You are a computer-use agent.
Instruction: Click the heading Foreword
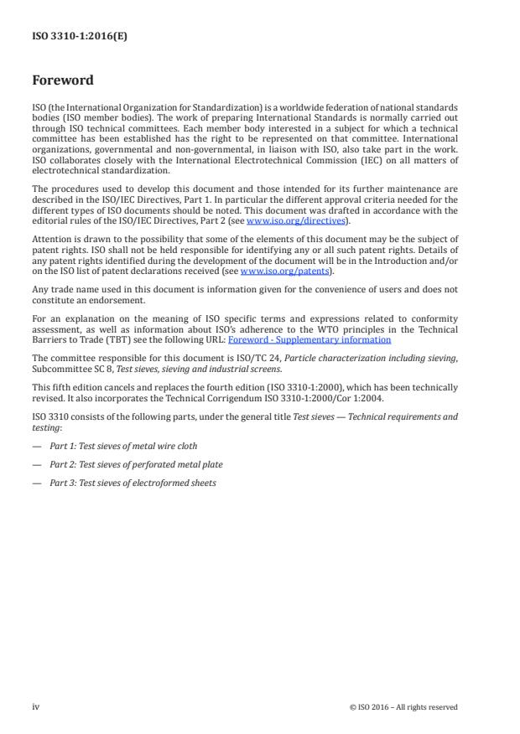pos(63,81)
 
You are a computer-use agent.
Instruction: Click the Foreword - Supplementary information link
pos(309,339)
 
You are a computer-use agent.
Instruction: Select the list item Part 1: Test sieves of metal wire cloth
pos(124,446)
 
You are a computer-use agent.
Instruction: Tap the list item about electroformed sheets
pos(133,483)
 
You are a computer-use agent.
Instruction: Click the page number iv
pos(35,706)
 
